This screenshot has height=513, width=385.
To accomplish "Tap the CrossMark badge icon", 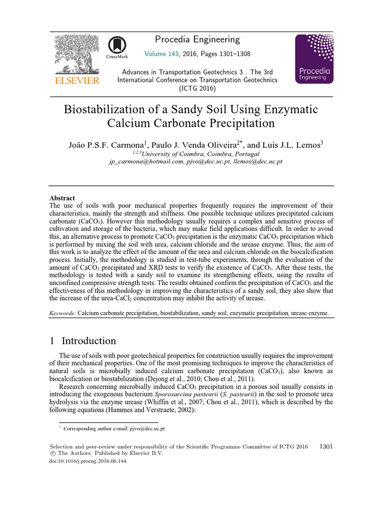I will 116,49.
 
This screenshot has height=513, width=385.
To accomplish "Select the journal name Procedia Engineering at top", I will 197,40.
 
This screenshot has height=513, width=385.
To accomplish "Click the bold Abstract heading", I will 62,198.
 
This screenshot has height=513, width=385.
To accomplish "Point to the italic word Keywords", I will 63,313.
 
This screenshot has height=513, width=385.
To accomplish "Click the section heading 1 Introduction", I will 83,341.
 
